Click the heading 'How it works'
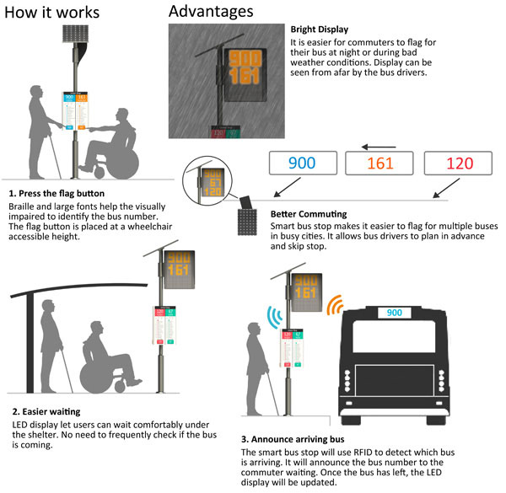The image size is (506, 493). point(52,13)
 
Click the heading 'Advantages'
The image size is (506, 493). point(211,12)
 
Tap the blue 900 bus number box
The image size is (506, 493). point(303,162)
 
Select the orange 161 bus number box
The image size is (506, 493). point(380,162)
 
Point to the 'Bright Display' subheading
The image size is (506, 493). point(319,29)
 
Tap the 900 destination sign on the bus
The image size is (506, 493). point(395,313)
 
